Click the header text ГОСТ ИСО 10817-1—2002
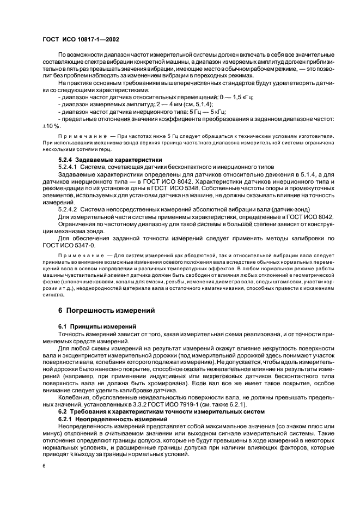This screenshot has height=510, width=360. tap(80, 40)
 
